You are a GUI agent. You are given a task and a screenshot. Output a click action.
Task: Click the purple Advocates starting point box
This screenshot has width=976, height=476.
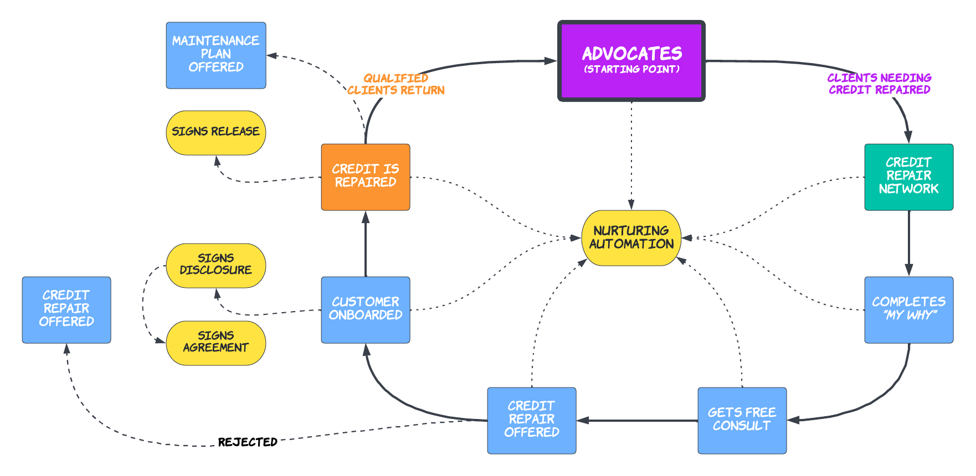(x=631, y=61)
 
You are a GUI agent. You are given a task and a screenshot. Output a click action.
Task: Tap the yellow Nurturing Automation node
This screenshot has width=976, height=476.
(x=631, y=237)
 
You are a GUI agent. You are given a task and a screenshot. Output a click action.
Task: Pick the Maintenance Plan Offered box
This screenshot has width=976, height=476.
(x=216, y=55)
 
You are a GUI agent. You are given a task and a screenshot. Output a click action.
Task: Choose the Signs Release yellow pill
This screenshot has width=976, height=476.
(x=216, y=132)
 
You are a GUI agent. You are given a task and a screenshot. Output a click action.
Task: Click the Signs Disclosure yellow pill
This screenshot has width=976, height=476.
(x=216, y=265)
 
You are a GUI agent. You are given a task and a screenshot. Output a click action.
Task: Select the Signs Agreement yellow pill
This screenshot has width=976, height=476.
(x=216, y=343)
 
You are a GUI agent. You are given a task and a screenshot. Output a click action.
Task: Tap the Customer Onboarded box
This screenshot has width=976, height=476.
(x=366, y=309)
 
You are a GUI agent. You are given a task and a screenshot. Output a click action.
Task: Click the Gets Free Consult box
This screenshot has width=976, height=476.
(x=742, y=420)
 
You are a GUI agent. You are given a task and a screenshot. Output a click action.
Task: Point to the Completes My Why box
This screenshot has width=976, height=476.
(x=908, y=309)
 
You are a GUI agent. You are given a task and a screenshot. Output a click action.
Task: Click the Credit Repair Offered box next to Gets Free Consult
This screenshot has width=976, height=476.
(x=531, y=420)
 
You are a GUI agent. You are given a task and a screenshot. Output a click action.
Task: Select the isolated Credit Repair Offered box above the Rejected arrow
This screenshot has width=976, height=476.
(x=66, y=309)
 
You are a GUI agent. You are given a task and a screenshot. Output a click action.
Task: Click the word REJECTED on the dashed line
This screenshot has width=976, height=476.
(x=248, y=442)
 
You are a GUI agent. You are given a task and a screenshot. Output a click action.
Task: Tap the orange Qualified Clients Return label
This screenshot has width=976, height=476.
(x=396, y=84)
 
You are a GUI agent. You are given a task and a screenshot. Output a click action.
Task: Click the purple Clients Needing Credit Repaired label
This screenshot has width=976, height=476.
(x=879, y=84)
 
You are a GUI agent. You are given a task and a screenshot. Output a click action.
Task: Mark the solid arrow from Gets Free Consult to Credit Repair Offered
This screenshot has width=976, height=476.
(x=637, y=421)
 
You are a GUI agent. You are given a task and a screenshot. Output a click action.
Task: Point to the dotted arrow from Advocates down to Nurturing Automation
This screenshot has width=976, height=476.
(x=631, y=155)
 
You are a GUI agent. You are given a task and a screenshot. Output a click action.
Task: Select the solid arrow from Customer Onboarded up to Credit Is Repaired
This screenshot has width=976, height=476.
(x=366, y=244)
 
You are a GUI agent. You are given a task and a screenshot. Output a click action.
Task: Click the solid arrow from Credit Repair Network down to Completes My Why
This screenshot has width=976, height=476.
(x=908, y=244)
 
